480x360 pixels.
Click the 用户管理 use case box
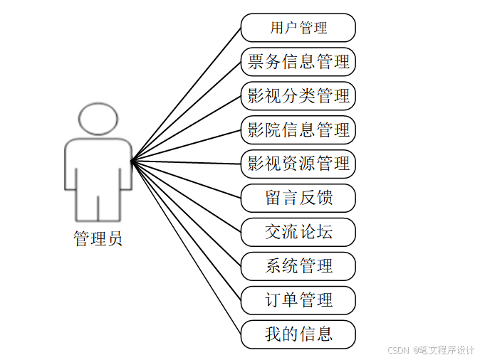point(298,28)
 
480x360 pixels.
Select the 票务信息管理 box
point(298,62)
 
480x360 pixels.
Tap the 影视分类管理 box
point(298,96)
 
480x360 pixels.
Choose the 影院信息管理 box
point(298,130)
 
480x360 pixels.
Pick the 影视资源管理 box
point(298,164)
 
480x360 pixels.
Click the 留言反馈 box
point(298,198)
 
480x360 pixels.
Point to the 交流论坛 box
point(298,232)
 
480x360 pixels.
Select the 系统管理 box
point(298,266)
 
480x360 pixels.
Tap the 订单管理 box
point(298,300)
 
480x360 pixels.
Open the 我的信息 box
point(298,334)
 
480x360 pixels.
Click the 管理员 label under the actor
point(98,239)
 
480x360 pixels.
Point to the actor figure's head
point(98,119)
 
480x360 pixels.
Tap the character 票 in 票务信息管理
point(255,62)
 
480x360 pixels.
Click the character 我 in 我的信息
point(273,334)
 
